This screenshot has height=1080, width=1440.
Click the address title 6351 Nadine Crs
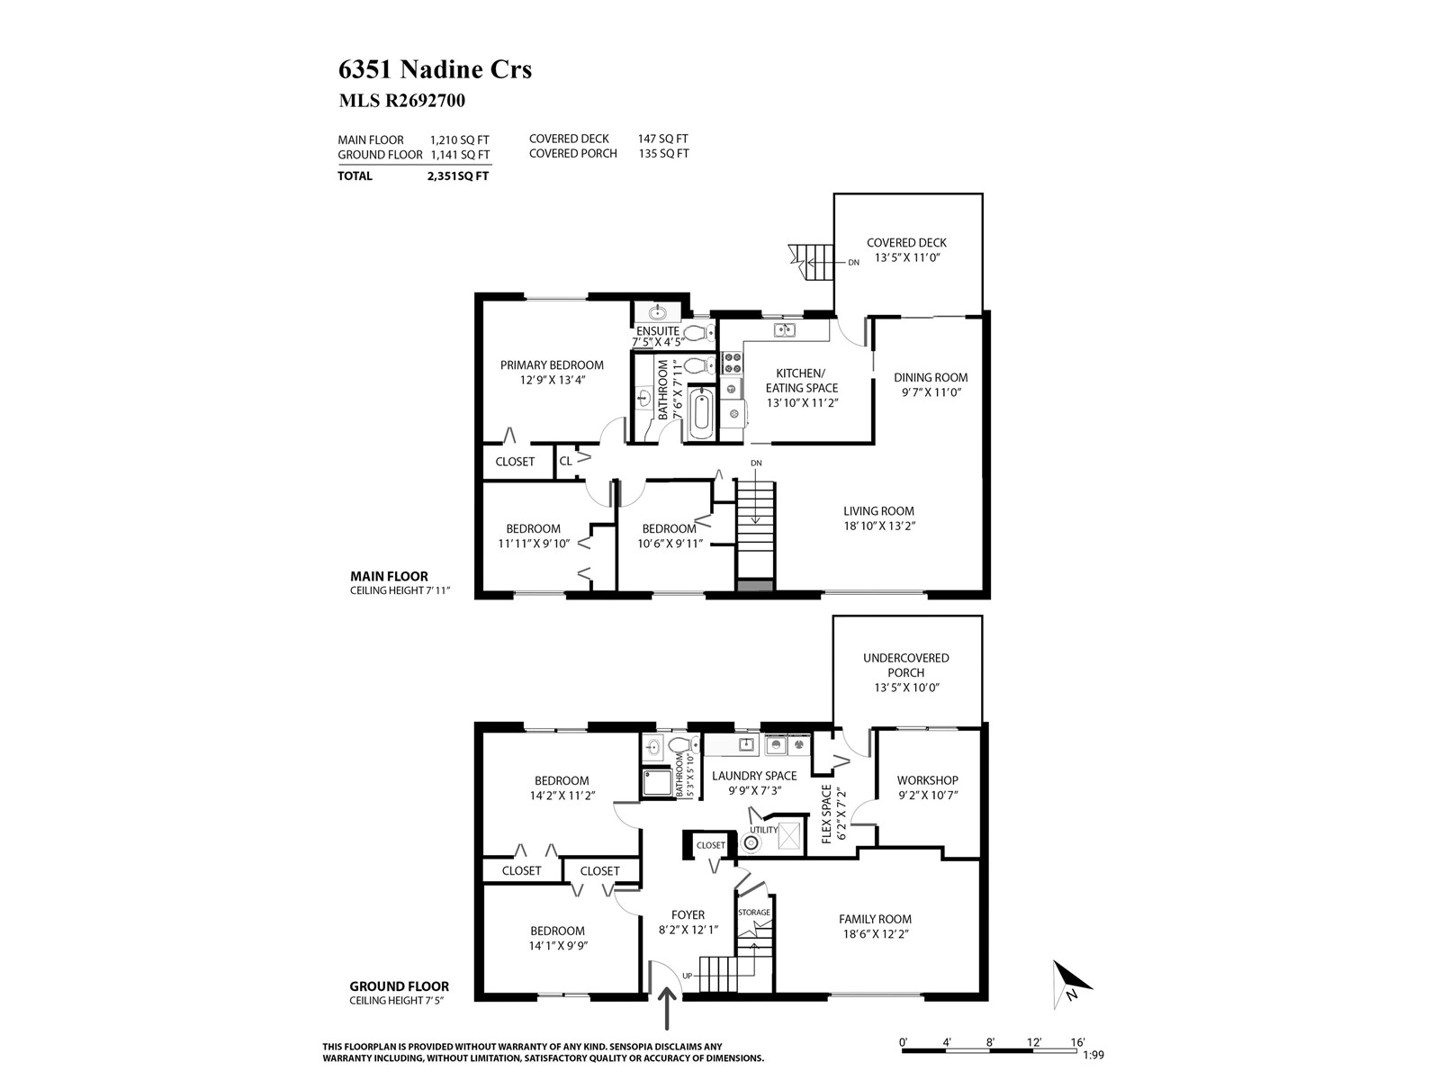coord(435,69)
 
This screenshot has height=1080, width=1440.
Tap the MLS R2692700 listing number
coord(401,100)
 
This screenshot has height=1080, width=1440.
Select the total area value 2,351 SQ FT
coord(458,175)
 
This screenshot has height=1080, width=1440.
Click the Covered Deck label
coord(906,243)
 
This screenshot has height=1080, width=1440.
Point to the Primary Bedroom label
coord(552,365)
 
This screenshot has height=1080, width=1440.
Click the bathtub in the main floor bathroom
coord(700,413)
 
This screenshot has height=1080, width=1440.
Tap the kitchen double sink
coord(784,329)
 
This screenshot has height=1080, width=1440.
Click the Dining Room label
coord(931,378)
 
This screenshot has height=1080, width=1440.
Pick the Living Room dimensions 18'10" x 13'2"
coord(879,526)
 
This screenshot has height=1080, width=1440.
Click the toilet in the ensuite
coord(699,332)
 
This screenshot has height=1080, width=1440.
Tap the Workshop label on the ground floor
coord(928,780)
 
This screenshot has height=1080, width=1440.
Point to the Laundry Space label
coord(754,776)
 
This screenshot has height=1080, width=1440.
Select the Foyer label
coord(688,914)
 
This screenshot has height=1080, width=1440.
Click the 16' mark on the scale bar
coord(1078,1042)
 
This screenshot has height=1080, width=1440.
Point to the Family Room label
coord(875,919)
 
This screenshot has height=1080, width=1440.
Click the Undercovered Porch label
coord(906,665)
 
